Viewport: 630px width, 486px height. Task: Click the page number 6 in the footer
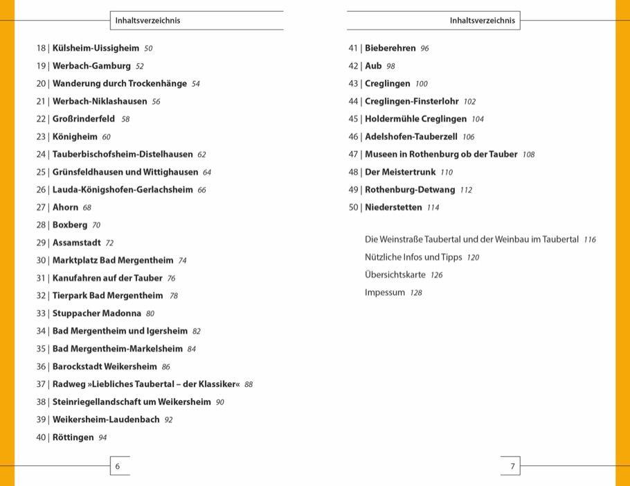[117, 467]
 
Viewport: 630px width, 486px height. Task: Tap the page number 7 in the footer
[512, 467]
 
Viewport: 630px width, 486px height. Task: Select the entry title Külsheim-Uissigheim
[96, 49]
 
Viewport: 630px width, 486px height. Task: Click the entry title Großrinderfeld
[84, 119]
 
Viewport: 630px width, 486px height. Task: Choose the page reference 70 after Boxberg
[96, 225]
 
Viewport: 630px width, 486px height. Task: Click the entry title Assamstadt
[76, 243]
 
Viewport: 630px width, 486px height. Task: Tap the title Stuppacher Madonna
[97, 313]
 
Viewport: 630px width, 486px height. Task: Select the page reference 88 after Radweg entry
[249, 384]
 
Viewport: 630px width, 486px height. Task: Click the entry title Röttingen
[73, 437]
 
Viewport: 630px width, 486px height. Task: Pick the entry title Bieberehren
[390, 49]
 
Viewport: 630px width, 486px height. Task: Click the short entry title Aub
[373, 66]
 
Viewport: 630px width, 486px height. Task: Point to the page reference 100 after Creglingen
[422, 84]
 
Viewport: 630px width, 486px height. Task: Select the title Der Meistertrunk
[399, 172]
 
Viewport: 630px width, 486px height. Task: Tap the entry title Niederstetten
[393, 207]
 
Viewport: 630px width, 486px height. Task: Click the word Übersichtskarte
[395, 275]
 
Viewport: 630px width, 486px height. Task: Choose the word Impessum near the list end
[384, 293]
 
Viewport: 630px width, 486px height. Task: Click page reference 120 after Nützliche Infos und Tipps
[473, 257]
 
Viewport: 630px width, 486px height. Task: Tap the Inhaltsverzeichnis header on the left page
[147, 21]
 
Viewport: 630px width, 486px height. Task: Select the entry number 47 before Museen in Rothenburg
[353, 155]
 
